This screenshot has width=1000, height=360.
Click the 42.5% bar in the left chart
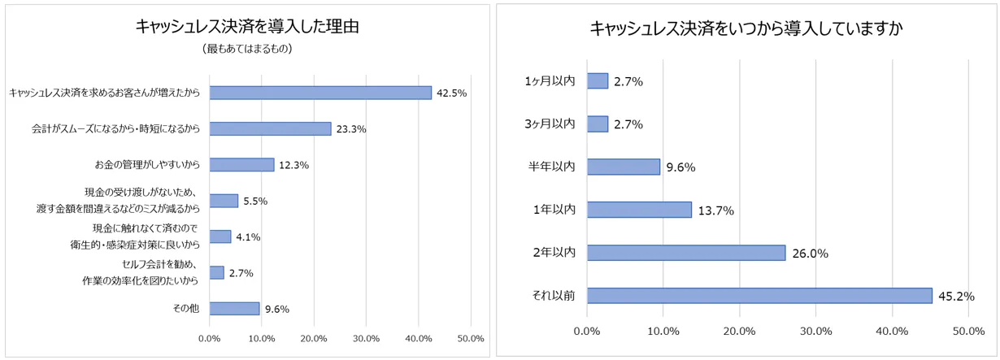[320, 93]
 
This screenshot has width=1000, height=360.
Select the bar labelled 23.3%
[270, 128]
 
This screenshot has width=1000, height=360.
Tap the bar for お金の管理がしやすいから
[241, 164]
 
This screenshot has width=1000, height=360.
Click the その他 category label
[186, 309]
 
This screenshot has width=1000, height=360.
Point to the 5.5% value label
[255, 201]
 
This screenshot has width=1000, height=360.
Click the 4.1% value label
[247, 237]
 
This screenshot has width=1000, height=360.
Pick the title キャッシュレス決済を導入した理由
[248, 26]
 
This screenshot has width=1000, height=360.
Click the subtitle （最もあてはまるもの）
[247, 49]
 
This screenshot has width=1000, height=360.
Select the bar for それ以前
[759, 296]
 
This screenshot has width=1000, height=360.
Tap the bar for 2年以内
[686, 253]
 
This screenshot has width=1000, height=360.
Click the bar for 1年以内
[639, 210]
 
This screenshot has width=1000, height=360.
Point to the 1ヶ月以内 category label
[550, 80]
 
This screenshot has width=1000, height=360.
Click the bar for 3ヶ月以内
[598, 124]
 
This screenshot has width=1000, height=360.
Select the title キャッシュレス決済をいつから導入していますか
[747, 29]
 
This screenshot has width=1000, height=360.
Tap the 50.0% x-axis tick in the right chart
[968, 332]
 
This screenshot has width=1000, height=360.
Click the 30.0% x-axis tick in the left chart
[367, 338]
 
